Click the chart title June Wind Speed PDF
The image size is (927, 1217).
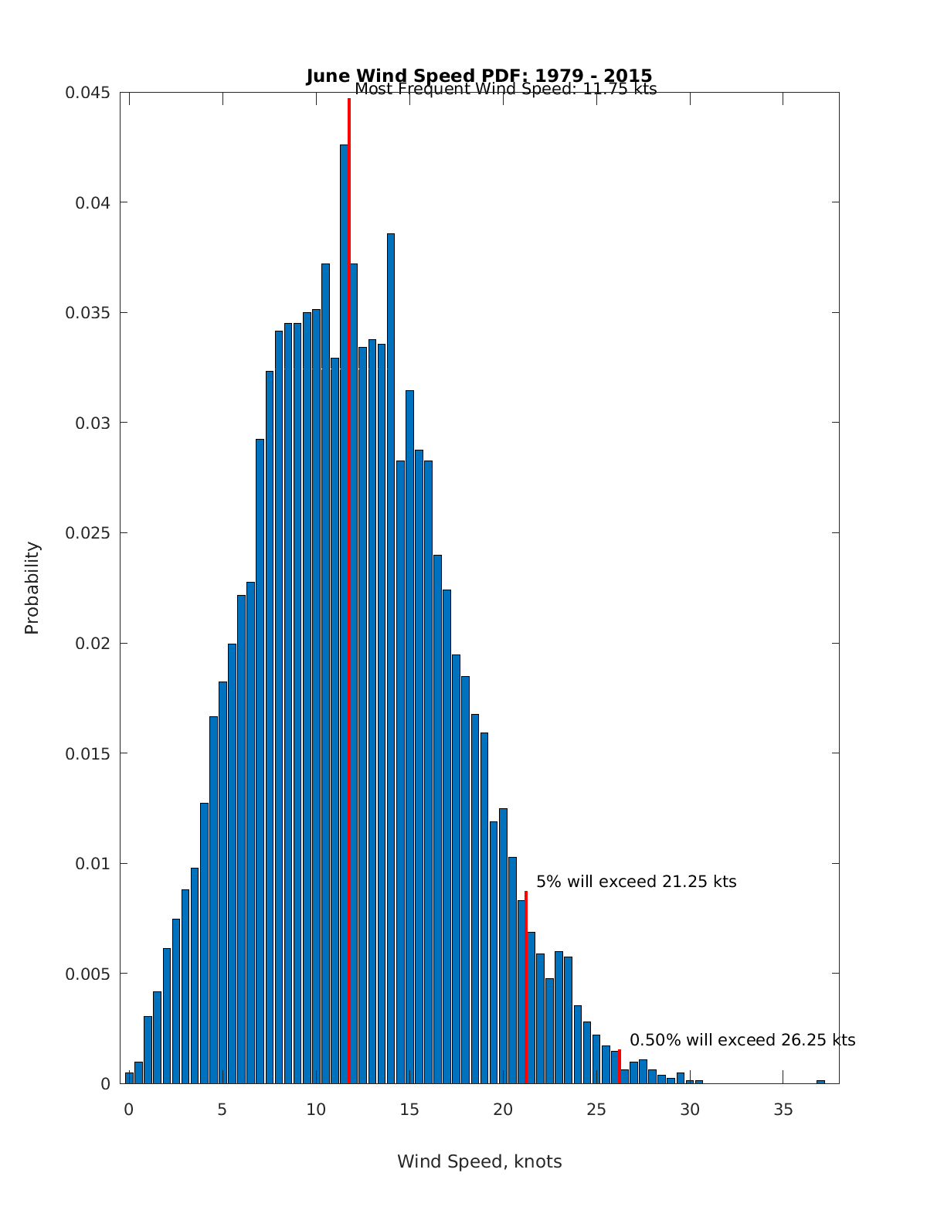click(479, 76)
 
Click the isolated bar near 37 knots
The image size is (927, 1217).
click(820, 1081)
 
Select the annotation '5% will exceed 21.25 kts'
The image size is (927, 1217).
click(636, 882)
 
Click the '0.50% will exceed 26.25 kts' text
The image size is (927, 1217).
click(742, 1040)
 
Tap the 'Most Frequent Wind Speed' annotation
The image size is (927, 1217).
click(505, 90)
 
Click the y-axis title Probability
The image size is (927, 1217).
click(32, 588)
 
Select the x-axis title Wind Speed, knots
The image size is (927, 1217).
click(479, 1161)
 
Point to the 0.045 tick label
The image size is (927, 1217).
click(87, 93)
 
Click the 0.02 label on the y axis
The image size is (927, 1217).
click(93, 643)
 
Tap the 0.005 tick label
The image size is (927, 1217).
click(87, 974)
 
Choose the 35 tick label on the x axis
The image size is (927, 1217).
click(783, 1110)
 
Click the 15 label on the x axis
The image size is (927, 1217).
click(409, 1110)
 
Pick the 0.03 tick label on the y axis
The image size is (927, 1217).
click(93, 423)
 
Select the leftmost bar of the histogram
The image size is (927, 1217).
click(129, 1078)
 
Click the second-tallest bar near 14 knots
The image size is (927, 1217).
click(391, 657)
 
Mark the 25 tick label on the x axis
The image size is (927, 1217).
click(596, 1110)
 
